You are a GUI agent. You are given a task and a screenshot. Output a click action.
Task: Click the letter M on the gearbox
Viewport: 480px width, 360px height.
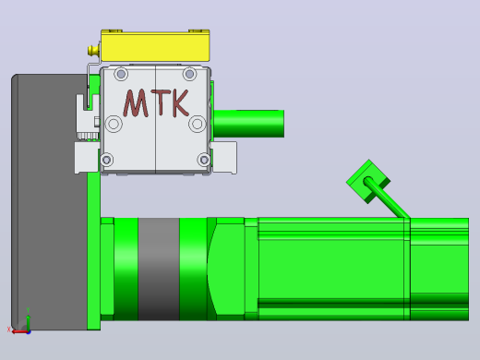click(136, 103)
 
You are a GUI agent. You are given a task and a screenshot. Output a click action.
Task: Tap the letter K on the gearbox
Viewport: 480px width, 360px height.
click(180, 102)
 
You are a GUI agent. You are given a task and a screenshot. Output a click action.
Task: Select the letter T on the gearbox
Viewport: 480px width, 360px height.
click(162, 102)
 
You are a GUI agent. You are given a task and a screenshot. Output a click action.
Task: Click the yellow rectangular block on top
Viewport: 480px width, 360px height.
click(155, 45)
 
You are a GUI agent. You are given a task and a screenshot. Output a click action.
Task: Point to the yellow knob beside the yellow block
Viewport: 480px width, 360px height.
click(92, 51)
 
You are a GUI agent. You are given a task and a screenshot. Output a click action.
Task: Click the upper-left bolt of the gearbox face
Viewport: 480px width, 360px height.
click(121, 74)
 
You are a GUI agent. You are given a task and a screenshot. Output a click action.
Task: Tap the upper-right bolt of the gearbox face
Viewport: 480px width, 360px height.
click(189, 74)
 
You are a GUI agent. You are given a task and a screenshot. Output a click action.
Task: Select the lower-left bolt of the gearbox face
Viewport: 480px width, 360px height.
click(107, 160)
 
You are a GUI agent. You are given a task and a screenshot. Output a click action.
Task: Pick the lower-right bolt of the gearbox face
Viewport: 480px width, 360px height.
click(204, 160)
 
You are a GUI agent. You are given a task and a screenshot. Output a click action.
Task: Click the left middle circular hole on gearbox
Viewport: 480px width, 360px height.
click(114, 124)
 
